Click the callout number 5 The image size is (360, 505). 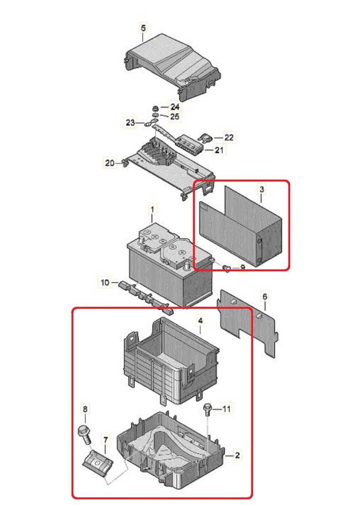(143, 29)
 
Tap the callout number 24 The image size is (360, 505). (175, 106)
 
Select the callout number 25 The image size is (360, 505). (175, 117)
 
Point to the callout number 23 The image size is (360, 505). (130, 122)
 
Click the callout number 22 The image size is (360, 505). (229, 137)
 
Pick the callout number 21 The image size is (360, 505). (219, 150)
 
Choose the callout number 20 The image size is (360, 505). (110, 163)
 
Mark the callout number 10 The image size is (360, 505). (105, 282)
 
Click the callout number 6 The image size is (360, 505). (265, 296)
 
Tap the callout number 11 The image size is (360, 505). (226, 409)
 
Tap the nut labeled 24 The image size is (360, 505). (155, 109)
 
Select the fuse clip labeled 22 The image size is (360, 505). (204, 138)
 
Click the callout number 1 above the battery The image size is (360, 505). (152, 210)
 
